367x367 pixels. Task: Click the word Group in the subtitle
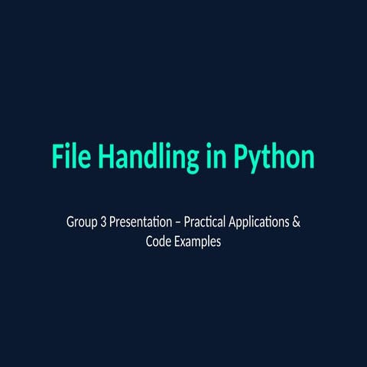[82, 224]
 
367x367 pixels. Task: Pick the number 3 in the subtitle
[104, 224]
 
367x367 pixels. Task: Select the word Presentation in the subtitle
[141, 224]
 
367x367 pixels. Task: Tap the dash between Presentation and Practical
[178, 225]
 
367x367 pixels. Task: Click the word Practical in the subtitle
[206, 224]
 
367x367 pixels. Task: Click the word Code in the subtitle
[158, 242]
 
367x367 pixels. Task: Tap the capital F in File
[57, 156]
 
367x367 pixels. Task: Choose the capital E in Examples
[178, 242]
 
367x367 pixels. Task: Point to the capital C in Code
[149, 242]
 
